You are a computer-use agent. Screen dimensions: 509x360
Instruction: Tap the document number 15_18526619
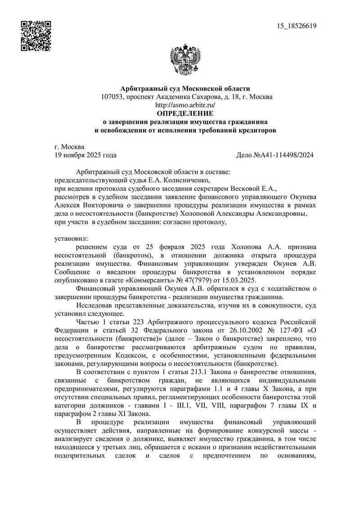297,25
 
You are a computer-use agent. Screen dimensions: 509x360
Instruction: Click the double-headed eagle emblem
182,61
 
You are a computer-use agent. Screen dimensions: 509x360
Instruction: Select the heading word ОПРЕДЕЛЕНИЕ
185,113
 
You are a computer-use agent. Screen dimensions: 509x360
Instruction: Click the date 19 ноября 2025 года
85,155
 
